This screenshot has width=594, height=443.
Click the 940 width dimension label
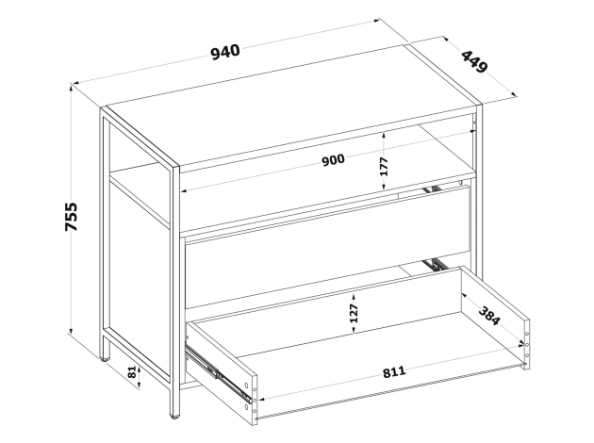pyautogui.click(x=225, y=52)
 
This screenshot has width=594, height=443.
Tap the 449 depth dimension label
pyautogui.click(x=474, y=62)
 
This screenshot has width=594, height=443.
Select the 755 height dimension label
pyautogui.click(x=71, y=217)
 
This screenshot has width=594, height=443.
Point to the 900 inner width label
pyautogui.click(x=334, y=160)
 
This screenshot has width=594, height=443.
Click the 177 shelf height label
pyautogui.click(x=384, y=167)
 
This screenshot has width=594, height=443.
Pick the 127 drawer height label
pyautogui.click(x=354, y=313)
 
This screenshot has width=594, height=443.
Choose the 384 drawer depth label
pyautogui.click(x=489, y=315)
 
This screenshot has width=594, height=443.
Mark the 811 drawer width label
pyautogui.click(x=394, y=372)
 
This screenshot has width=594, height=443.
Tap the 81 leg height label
pyautogui.click(x=131, y=372)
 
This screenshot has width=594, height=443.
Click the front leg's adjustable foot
pyautogui.click(x=174, y=417)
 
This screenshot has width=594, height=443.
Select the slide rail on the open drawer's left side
pyautogui.click(x=218, y=372)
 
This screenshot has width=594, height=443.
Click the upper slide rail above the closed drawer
pyautogui.click(x=432, y=189)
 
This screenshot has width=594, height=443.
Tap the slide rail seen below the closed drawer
pyautogui.click(x=436, y=264)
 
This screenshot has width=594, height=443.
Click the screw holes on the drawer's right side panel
pyautogui.click(x=526, y=345)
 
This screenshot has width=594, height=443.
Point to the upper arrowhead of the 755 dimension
pyautogui.click(x=71, y=88)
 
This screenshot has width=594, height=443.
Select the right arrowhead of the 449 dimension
pyautogui.click(x=514, y=94)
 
